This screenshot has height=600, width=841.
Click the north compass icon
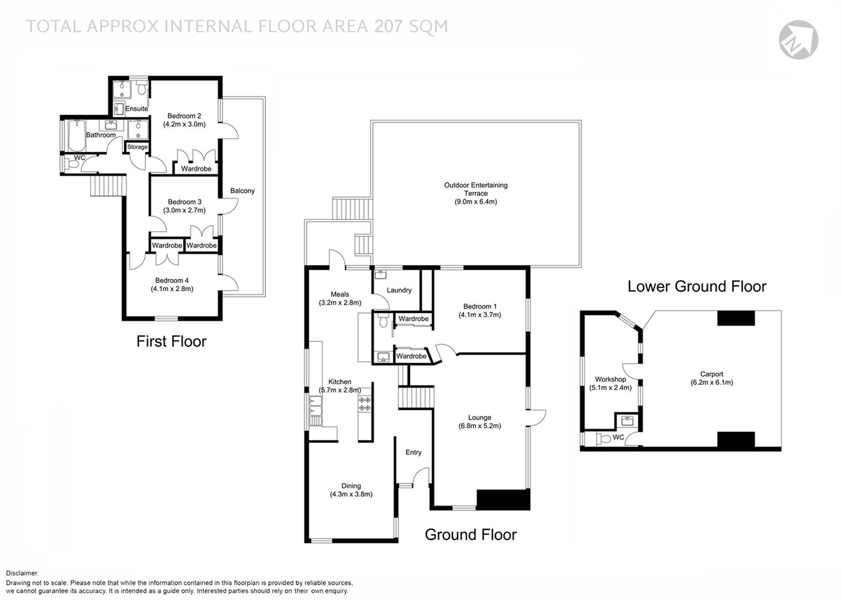tap(798, 39)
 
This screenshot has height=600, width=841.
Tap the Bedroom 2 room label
tap(184, 116)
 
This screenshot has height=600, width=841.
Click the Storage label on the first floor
tap(138, 147)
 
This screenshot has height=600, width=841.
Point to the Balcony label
tap(243, 191)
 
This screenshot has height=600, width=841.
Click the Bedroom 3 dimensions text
tap(184, 211)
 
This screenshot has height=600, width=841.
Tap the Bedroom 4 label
tap(172, 280)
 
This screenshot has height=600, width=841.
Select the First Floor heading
tap(171, 341)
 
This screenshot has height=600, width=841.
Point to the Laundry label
tap(399, 290)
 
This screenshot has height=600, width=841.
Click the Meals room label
tap(340, 294)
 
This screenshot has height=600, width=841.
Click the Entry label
tap(414, 452)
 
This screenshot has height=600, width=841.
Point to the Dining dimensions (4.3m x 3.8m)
tap(351, 494)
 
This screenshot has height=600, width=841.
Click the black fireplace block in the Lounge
tap(503, 499)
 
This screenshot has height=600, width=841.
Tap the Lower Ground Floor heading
tap(696, 287)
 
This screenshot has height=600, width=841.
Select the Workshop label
tap(610, 379)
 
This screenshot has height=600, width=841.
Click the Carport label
tap(711, 374)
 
